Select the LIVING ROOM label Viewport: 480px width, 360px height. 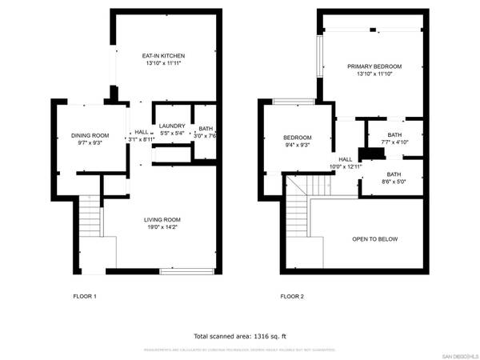tap(162, 219)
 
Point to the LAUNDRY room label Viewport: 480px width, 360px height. tap(172, 126)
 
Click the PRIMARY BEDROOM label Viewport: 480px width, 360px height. tap(374, 66)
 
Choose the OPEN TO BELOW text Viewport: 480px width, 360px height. tap(375, 239)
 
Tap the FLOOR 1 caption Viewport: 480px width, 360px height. tap(84, 297)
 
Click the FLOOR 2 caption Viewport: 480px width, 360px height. tap(292, 297)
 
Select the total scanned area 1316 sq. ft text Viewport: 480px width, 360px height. tap(239, 336)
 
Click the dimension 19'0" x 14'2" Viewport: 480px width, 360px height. tap(162, 227)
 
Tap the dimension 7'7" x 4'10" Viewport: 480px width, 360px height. tap(394, 142)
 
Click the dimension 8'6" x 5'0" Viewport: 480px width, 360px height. tap(394, 182)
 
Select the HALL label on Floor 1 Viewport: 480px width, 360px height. tap(142, 132)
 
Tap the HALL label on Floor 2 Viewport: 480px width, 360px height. tap(346, 159)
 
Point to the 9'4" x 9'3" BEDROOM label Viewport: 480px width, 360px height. tap(298, 138)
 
